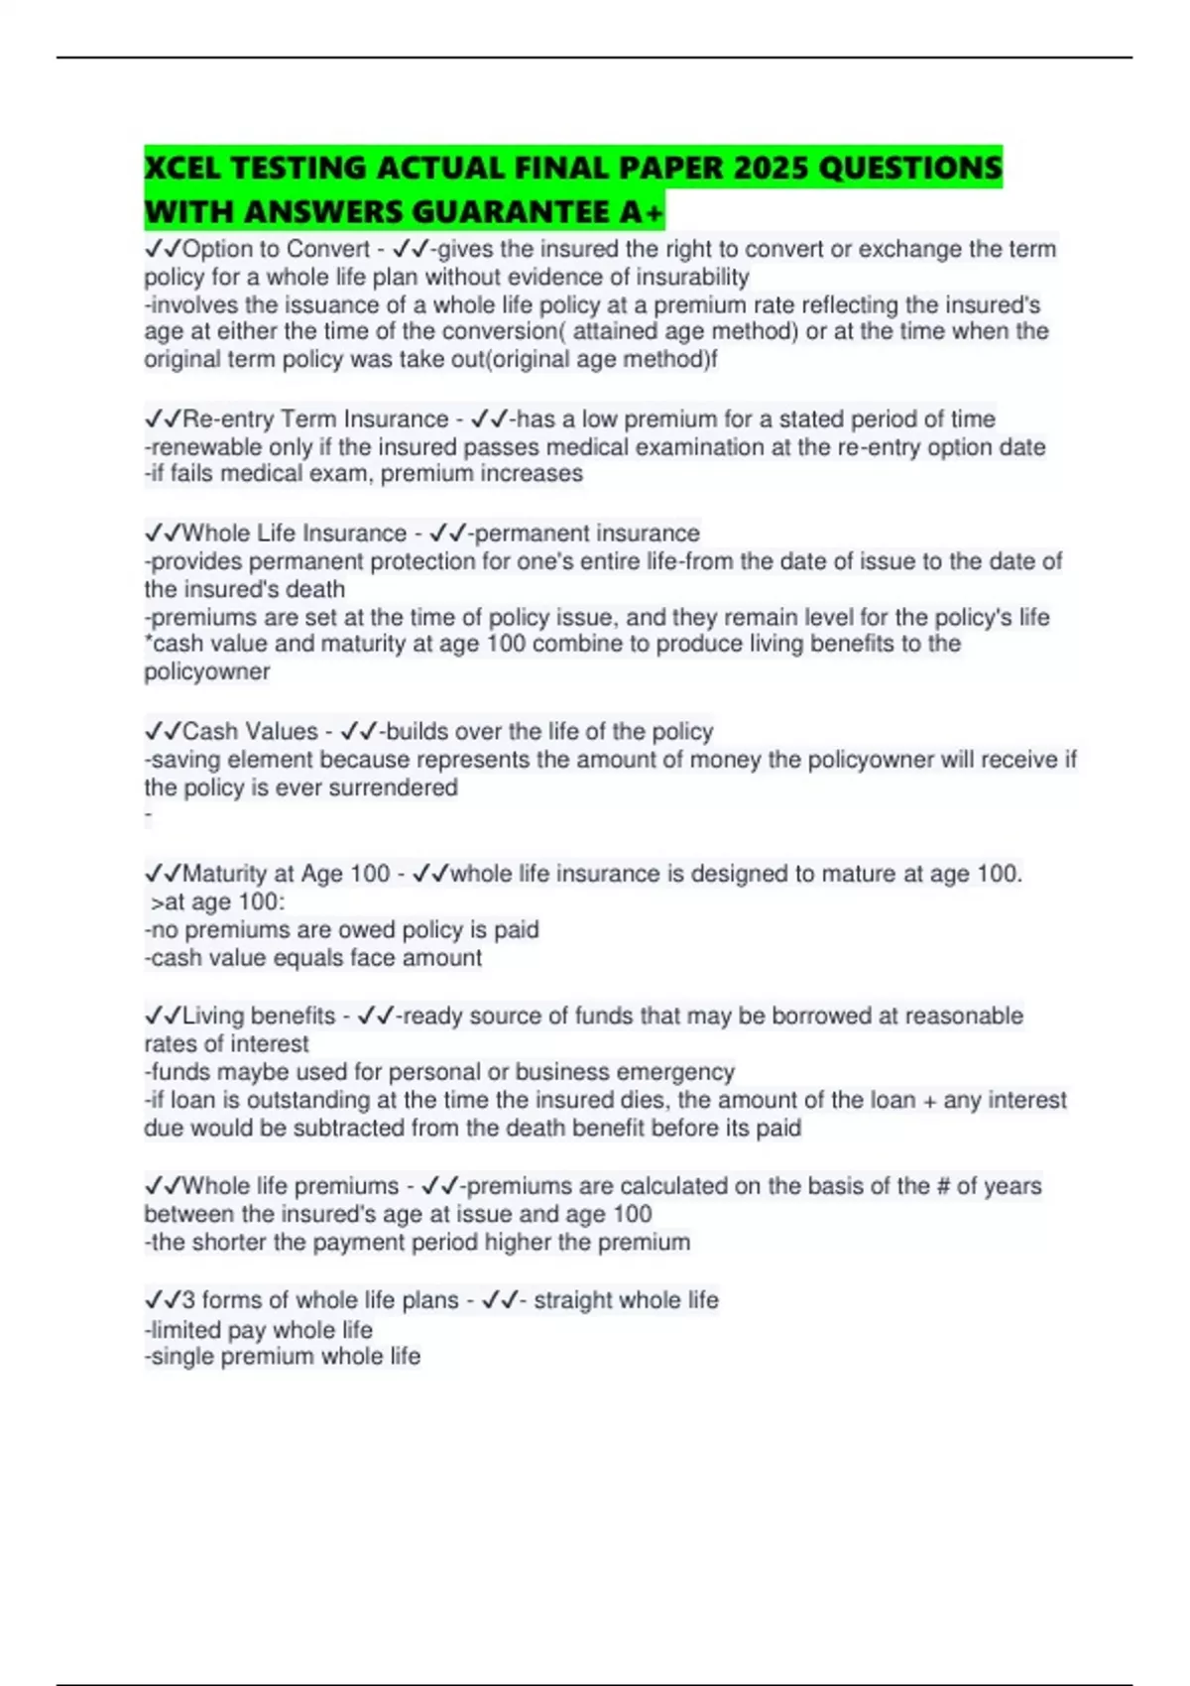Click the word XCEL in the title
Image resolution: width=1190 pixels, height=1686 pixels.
[182, 168]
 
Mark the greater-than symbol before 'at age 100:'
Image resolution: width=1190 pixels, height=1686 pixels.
[156, 903]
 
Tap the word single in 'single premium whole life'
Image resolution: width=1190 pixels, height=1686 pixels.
[182, 1357]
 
